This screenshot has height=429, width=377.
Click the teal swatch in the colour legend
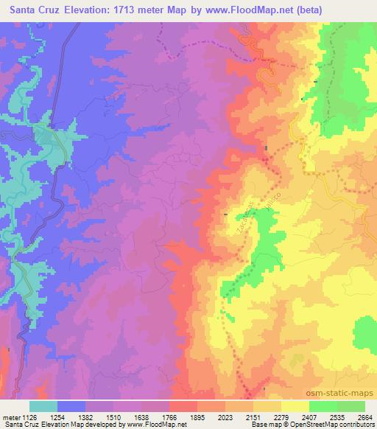point(43,406)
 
